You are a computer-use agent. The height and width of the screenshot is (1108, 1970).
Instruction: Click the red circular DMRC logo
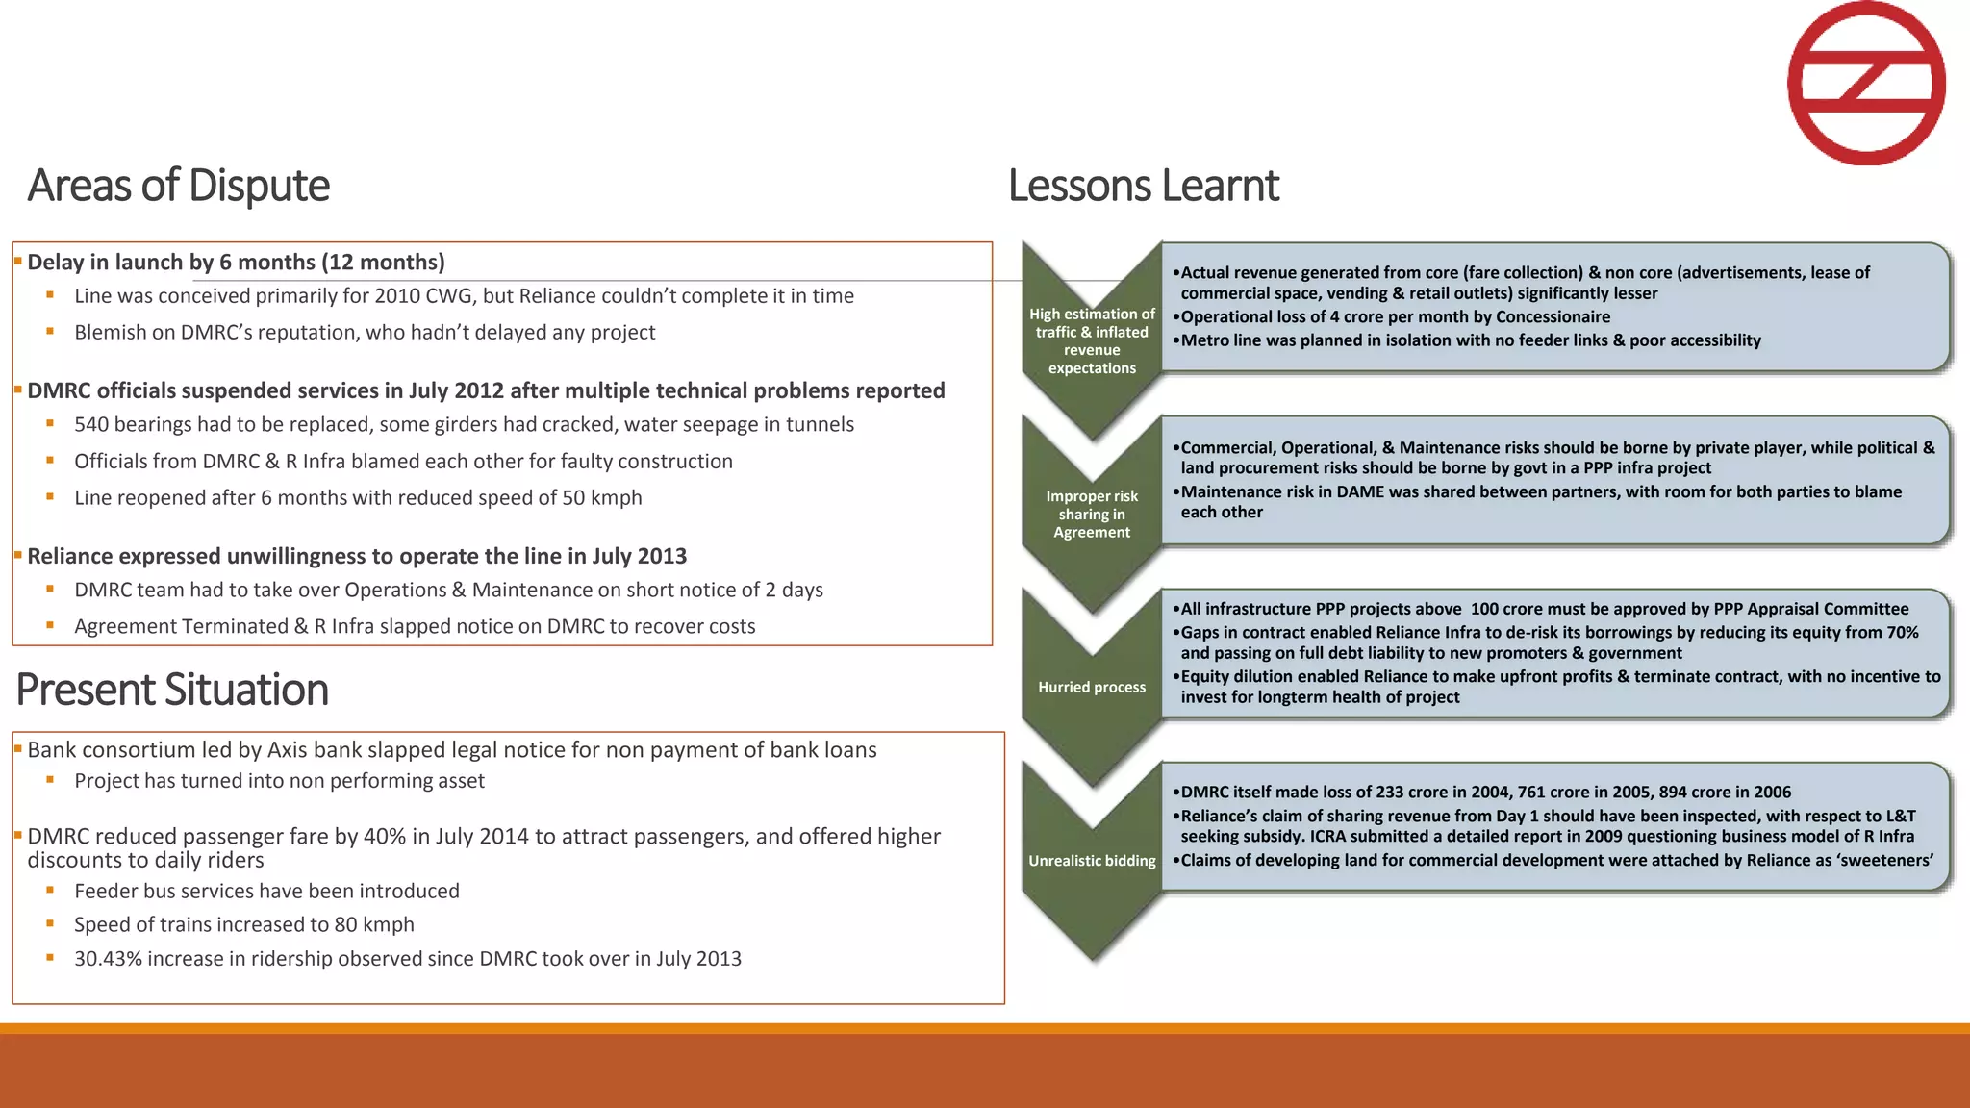tap(1866, 83)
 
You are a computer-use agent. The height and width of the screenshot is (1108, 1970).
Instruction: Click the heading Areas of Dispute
tap(178, 186)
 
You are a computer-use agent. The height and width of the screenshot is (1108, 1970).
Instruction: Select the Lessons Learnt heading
tap(1143, 186)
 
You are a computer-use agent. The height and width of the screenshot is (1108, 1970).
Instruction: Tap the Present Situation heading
tap(172, 690)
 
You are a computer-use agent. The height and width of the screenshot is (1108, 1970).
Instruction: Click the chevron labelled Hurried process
tap(1092, 687)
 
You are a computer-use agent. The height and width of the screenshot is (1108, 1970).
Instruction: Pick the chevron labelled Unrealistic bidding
tap(1092, 861)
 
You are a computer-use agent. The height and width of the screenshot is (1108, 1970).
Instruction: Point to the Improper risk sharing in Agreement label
tap(1092, 514)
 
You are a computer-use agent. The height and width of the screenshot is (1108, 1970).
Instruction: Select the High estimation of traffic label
tap(1092, 340)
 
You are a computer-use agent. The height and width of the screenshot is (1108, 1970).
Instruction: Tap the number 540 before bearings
tap(91, 425)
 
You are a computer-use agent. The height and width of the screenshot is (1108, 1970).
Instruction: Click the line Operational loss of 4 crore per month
tap(1395, 317)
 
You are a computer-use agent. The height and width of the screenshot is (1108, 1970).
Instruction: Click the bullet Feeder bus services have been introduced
tap(266, 892)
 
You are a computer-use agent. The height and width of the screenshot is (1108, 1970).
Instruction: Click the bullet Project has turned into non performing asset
tap(279, 781)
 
